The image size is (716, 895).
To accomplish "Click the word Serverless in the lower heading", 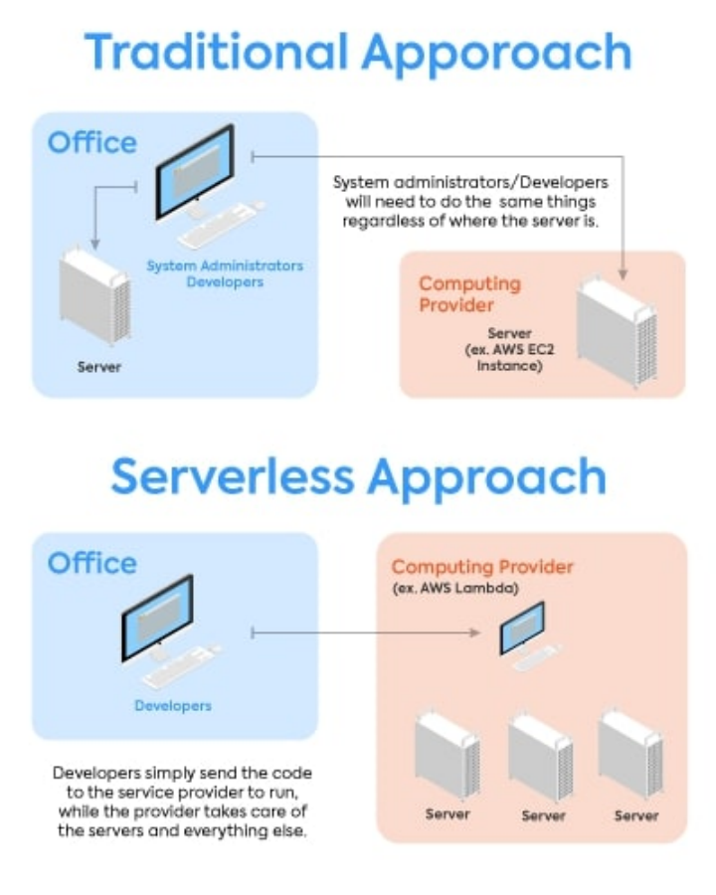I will [232, 476].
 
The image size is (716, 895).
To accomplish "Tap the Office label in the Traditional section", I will [92, 143].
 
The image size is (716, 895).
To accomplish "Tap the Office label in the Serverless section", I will [92, 563].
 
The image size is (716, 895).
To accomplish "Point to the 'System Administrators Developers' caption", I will [225, 273].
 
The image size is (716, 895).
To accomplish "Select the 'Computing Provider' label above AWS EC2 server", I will [469, 293].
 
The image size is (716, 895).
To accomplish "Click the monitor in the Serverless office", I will [156, 619].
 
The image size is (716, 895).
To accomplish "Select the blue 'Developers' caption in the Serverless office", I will [173, 706].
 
